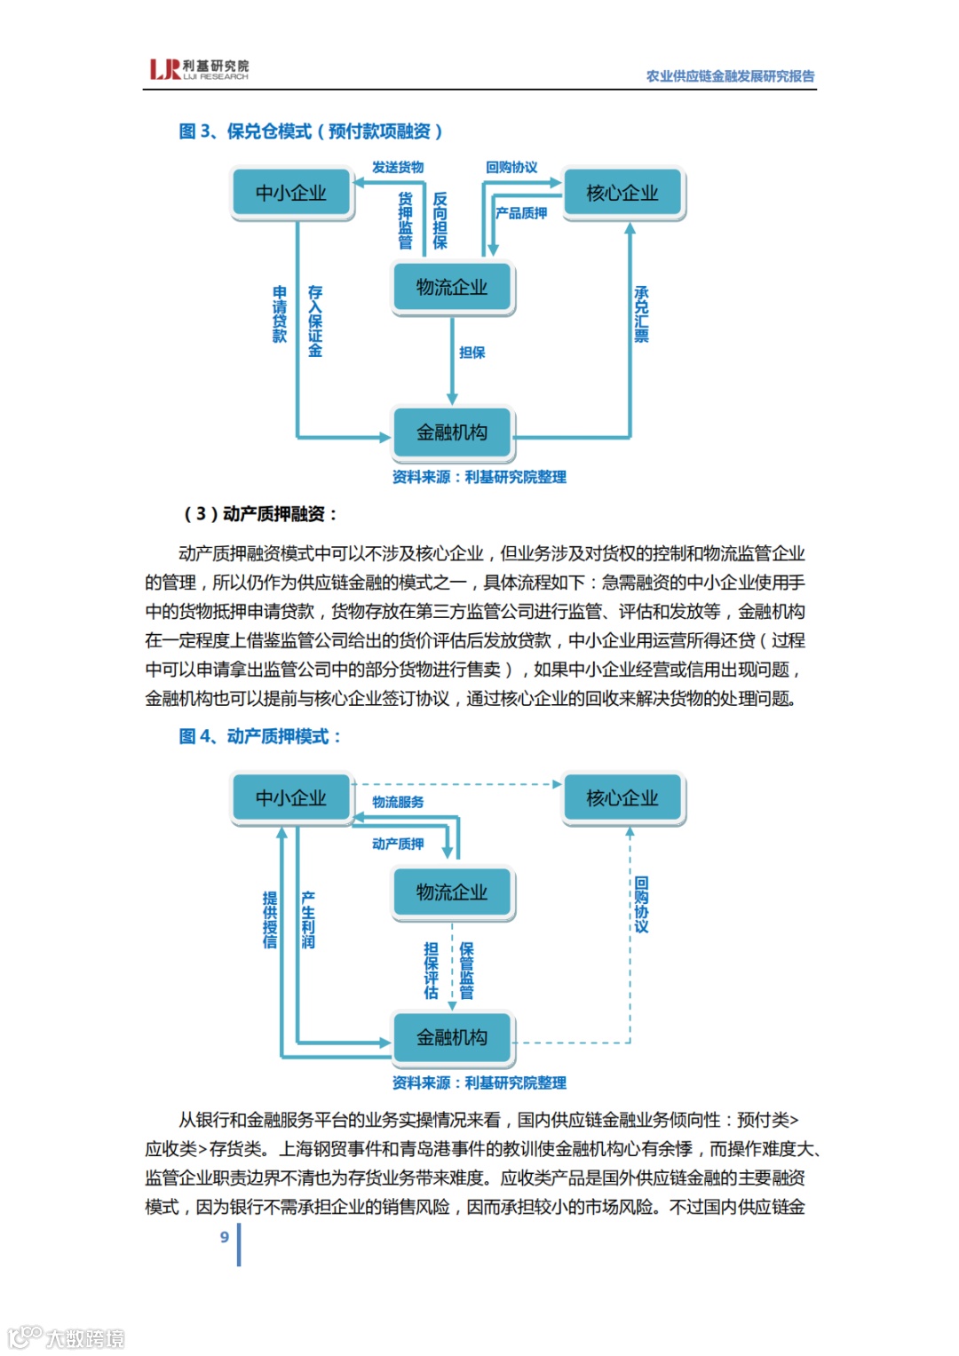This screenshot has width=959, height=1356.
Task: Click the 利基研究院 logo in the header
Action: tap(199, 69)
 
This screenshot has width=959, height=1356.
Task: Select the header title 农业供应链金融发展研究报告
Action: tap(730, 76)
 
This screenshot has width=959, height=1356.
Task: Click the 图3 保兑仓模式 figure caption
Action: tap(311, 131)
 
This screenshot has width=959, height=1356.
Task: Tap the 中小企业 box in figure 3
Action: tap(291, 193)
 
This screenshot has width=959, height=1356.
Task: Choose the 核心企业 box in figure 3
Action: tap(622, 193)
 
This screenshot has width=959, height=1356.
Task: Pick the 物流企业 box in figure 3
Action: tap(452, 287)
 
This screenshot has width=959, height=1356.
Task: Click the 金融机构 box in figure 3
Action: tap(452, 432)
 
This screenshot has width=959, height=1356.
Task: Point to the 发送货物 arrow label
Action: tap(398, 167)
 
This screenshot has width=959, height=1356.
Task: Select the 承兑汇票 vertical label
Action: tap(641, 313)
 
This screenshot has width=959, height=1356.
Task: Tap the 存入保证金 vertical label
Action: tap(315, 321)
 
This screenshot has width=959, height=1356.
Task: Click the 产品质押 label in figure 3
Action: tap(521, 213)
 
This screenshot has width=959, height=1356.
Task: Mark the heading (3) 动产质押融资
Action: tap(260, 513)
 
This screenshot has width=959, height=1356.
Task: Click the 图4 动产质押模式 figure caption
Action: tap(260, 736)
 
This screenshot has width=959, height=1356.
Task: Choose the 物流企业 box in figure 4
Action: tap(452, 892)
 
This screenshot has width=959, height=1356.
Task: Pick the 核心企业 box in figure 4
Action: tap(622, 798)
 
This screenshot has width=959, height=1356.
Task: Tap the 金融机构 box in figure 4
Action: tap(452, 1037)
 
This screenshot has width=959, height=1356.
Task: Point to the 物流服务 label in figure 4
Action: tap(398, 802)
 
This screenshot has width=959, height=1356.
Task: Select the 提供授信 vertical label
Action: tap(270, 920)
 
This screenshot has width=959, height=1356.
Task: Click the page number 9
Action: tap(225, 1237)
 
